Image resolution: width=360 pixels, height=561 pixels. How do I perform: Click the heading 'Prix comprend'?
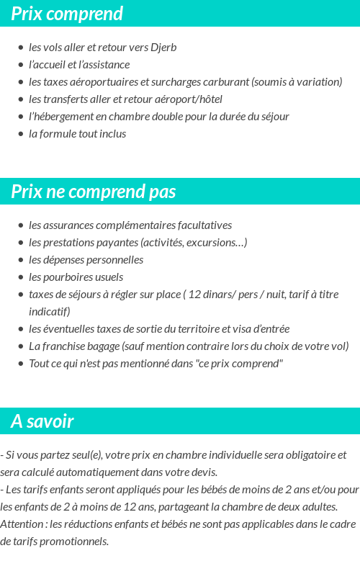point(67,14)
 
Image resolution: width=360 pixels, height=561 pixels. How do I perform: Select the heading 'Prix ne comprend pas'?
point(94,192)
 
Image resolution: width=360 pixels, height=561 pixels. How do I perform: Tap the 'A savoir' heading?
point(42,421)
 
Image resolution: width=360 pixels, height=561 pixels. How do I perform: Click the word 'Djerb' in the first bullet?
point(163,48)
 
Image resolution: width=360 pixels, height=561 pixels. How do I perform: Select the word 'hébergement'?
point(66,117)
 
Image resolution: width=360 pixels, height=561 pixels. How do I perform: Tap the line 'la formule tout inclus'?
point(77,134)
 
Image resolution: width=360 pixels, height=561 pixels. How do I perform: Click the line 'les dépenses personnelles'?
point(86,260)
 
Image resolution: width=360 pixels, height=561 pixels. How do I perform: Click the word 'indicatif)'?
point(49,312)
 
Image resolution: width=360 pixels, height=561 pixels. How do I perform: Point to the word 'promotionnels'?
point(73,542)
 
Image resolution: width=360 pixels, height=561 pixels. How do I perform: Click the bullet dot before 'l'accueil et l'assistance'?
point(20,65)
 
